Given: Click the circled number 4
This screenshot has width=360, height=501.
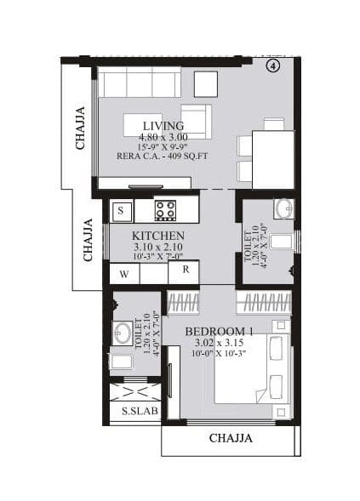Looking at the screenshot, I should click(273, 66).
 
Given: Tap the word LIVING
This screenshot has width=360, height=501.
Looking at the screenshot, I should click(163, 126).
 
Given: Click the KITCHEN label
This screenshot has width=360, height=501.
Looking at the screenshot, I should click(158, 235).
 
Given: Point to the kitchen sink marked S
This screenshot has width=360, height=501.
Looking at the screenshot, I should click(121, 209).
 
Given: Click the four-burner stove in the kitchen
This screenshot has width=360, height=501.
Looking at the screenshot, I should click(165, 209).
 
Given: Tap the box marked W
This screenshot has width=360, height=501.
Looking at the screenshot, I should click(124, 274).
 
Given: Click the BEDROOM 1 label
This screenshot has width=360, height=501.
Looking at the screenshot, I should click(219, 331).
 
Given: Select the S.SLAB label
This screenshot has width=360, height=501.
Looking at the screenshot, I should click(135, 410).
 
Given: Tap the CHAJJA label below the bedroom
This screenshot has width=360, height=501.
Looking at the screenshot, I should click(231, 439).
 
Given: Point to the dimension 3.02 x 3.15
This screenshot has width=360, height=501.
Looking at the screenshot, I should click(218, 342).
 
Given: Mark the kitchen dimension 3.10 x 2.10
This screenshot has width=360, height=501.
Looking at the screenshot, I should click(157, 247).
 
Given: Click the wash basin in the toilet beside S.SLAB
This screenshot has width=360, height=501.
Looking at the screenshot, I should click(123, 332).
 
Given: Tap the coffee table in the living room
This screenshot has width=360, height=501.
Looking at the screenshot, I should click(143, 124).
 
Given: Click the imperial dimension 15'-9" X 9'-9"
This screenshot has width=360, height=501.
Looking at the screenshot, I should click(164, 146).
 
